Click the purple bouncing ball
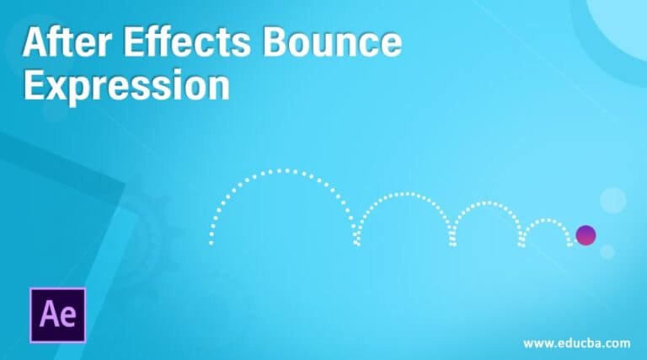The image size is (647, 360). tap(585, 234)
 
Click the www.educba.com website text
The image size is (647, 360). tap(576, 343)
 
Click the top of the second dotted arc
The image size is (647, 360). tap(404, 194)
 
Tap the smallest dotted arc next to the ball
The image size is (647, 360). tap(547, 222)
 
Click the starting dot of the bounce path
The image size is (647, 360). tap(211, 244)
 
